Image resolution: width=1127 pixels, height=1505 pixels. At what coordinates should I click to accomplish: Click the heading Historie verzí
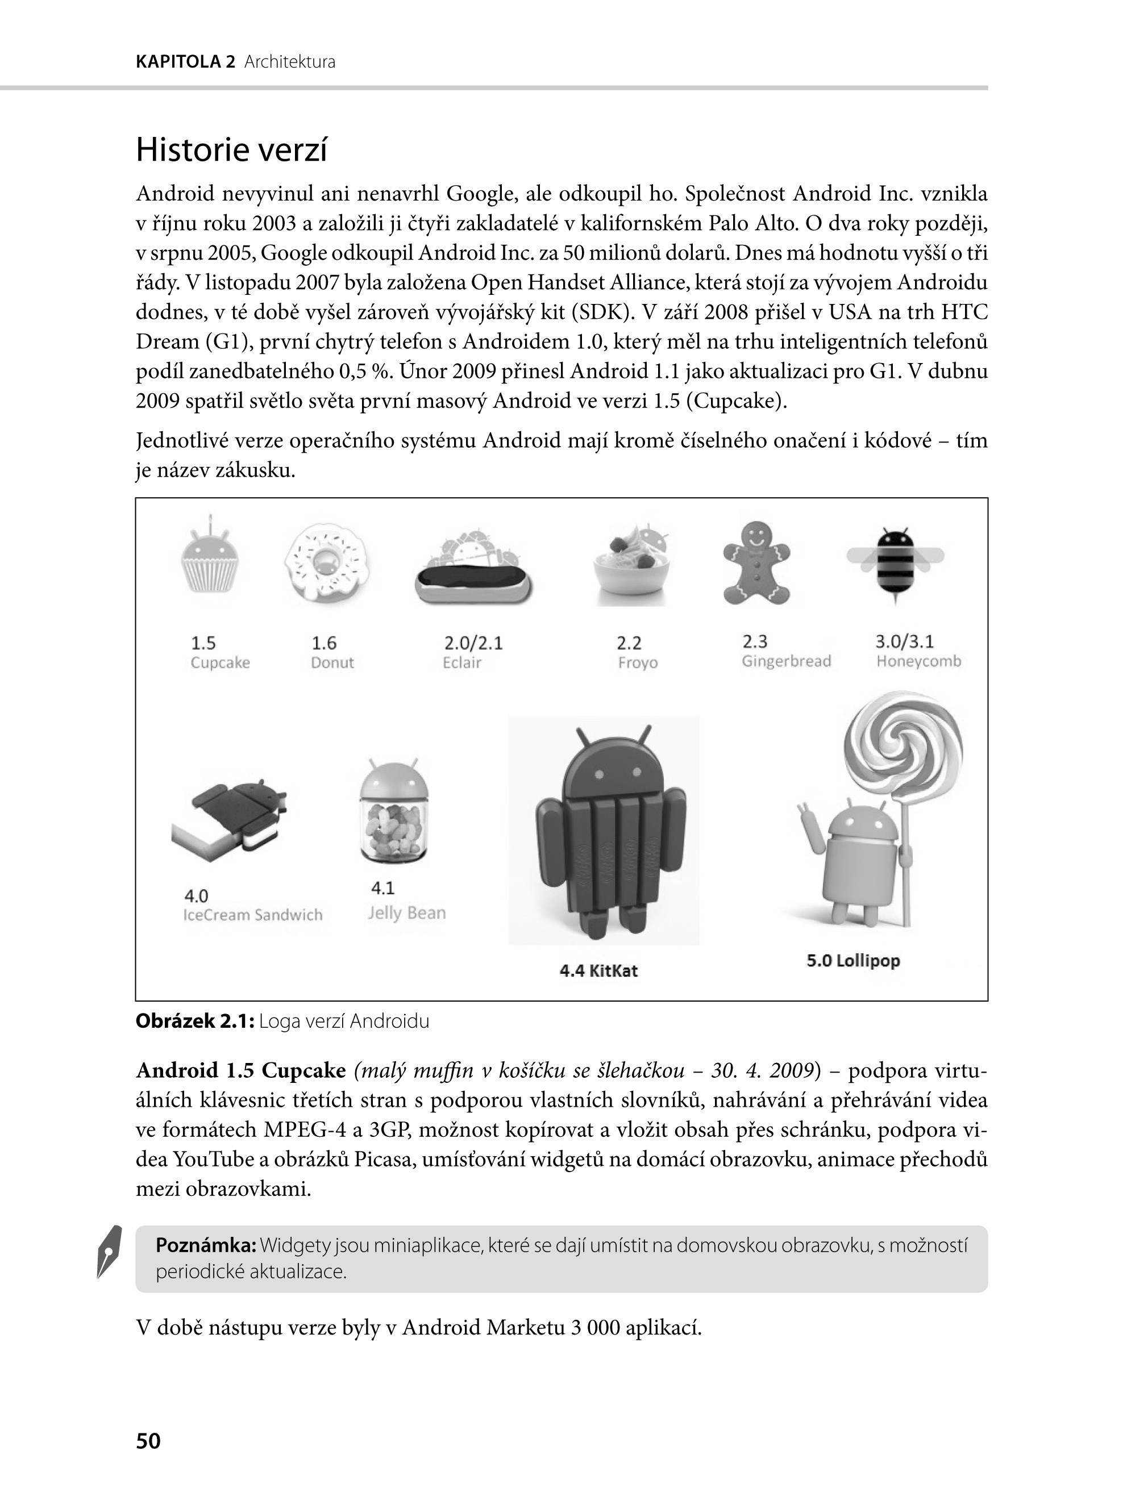pos(231,151)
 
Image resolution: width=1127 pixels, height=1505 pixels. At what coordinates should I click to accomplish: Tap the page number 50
pos(148,1440)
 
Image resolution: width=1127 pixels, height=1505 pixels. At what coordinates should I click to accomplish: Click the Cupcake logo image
pos(210,558)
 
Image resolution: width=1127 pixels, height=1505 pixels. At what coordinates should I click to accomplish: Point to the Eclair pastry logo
pos(473,568)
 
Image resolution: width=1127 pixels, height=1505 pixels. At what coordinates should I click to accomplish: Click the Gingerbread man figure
pos(756,562)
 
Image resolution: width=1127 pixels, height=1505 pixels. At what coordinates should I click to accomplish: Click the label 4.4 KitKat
pos(598,970)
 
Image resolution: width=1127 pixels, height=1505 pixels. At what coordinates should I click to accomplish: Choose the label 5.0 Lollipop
pos(852,961)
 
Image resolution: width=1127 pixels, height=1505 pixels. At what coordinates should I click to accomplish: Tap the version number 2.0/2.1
pos(473,643)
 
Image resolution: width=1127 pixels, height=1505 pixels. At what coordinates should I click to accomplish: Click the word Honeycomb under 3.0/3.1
pos(918,661)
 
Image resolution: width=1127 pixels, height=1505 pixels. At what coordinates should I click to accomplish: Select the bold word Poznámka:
pos(206,1246)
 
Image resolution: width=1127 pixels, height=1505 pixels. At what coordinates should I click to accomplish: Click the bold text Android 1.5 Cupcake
pos(241,1070)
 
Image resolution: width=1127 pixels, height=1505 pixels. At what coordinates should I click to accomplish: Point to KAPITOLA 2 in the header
pos(185,62)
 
